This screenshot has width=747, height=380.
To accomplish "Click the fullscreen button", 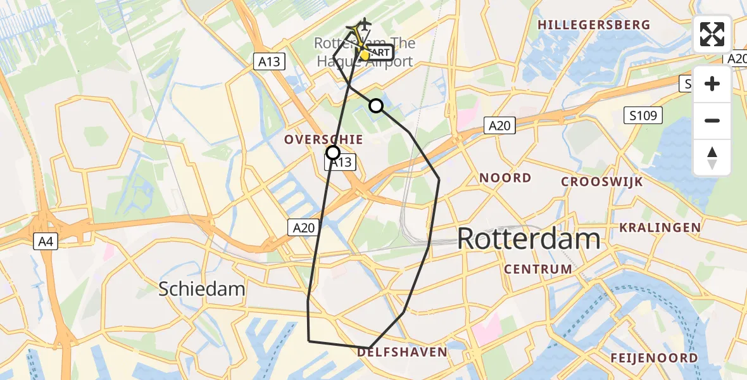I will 712,34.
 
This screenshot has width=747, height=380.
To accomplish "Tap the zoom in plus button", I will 712,84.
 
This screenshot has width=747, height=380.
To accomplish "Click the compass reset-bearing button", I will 712,158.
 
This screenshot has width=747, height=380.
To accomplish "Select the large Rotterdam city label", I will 528,239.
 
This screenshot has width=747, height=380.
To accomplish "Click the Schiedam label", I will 201,289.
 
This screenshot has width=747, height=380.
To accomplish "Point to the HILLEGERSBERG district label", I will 593,25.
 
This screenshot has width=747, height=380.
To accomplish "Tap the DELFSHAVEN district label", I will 402,351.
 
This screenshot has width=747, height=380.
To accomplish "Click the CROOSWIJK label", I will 602,182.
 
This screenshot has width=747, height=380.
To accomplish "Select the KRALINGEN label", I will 660,227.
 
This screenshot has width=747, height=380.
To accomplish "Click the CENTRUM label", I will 538,269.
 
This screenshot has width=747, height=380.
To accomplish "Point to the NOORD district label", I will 505,178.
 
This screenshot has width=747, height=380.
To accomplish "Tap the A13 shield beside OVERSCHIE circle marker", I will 341,163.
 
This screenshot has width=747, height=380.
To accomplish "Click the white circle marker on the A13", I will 332,152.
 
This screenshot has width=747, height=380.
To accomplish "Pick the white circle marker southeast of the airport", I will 376,105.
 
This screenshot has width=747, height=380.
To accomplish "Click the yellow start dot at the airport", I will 364,55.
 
